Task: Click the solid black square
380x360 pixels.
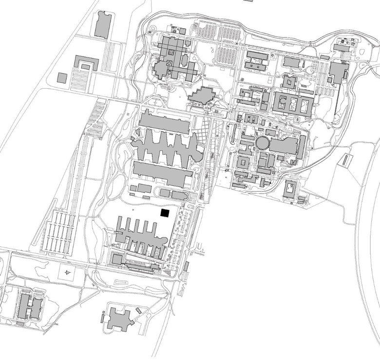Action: pos(165,213)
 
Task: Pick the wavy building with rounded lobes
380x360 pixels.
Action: pos(166,146)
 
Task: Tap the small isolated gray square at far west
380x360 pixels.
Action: pos(62,78)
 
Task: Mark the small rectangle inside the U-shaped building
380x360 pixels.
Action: pos(86,66)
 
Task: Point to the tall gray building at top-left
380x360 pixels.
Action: pos(103,25)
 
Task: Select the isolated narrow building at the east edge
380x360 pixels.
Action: pos(346,160)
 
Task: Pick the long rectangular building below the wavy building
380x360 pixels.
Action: pos(162,173)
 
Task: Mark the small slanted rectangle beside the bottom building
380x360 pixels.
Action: pos(139,310)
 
